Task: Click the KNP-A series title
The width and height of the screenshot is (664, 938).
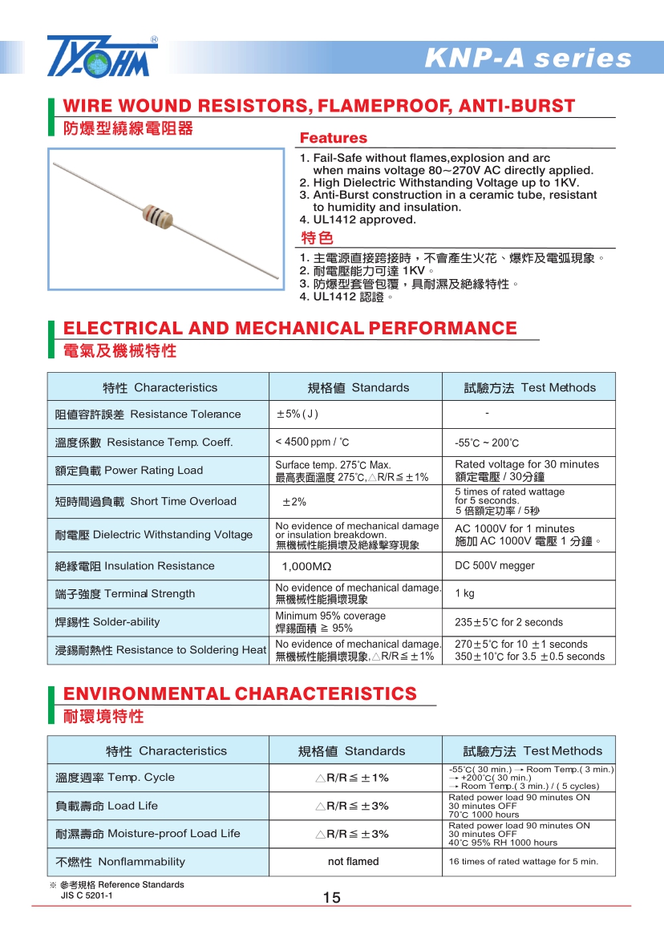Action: tap(528, 59)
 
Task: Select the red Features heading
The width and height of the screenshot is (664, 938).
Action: tap(333, 138)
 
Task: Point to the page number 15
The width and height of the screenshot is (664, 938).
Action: tap(332, 898)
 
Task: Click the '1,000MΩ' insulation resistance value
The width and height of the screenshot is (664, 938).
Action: tap(304, 566)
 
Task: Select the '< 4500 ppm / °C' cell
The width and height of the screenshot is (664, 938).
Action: tap(312, 442)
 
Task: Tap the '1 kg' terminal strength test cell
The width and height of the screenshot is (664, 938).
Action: tap(464, 593)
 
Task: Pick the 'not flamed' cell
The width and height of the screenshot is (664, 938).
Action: tap(354, 862)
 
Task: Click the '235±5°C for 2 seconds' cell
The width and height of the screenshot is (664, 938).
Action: tap(508, 622)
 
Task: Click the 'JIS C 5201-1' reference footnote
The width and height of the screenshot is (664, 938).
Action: tap(87, 896)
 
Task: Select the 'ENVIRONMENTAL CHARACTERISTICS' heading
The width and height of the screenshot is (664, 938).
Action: tap(240, 693)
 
